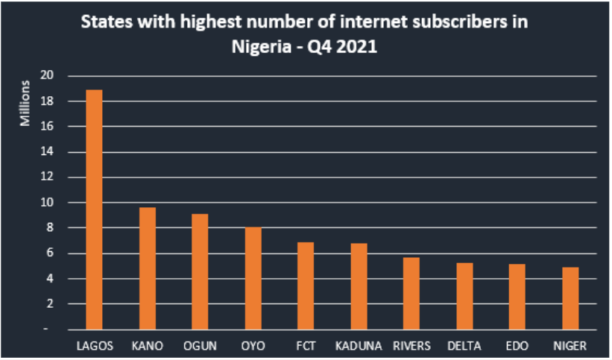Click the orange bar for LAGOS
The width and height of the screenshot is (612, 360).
(x=94, y=209)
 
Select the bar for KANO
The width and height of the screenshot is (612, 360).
(x=147, y=268)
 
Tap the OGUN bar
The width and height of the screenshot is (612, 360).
(x=200, y=271)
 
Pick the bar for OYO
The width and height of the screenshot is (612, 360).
(x=253, y=278)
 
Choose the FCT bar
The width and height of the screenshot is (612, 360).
(x=306, y=285)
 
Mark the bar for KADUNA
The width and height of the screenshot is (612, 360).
(x=359, y=286)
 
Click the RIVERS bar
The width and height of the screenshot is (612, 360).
(x=411, y=293)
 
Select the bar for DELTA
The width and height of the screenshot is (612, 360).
(x=464, y=296)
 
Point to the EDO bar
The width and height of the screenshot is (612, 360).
(x=517, y=297)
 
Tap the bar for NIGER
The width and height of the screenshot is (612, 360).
(x=570, y=298)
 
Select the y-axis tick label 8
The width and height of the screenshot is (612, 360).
(x=50, y=228)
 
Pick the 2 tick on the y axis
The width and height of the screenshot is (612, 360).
(x=50, y=304)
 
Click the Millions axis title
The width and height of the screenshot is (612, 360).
(x=25, y=102)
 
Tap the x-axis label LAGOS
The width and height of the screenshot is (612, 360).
(x=94, y=346)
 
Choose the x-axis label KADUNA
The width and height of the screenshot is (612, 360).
(x=359, y=346)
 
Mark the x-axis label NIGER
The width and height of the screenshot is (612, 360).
(x=570, y=346)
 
